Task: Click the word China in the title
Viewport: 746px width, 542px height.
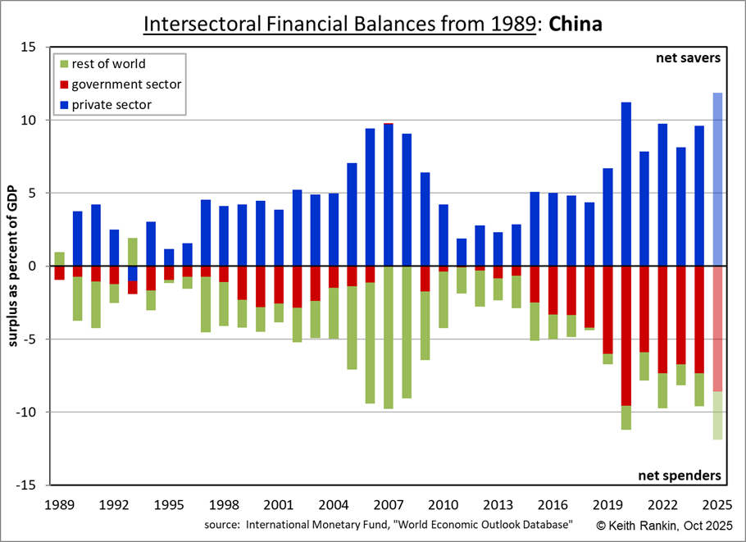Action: (575, 24)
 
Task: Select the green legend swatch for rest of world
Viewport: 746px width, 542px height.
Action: (62, 64)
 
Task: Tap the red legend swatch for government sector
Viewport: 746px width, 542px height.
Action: (62, 84)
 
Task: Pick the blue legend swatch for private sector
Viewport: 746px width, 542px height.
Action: (62, 105)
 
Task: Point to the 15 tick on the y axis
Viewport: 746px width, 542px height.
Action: (29, 48)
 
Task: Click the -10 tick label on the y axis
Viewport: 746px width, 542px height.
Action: (25, 412)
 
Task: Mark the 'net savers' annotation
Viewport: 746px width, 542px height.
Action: (687, 58)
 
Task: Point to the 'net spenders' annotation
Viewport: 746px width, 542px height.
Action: (680, 475)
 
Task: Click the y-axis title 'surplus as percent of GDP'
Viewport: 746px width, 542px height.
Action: (14, 266)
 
